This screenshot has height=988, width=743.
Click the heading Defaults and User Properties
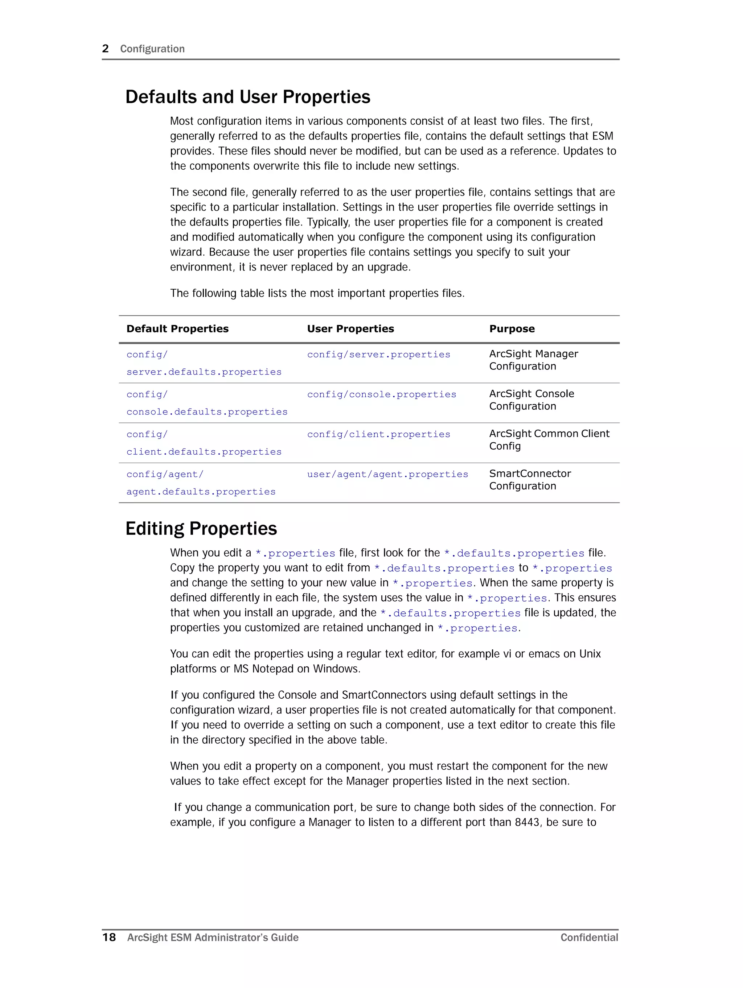[x=248, y=97]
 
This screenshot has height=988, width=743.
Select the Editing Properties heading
[x=201, y=528]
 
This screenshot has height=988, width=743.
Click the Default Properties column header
[x=177, y=329]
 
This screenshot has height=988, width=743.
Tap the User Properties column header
[x=350, y=329]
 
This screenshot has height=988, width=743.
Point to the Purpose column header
[x=512, y=329]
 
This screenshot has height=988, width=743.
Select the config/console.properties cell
[x=381, y=394]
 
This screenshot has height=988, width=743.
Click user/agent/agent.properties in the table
[x=387, y=474]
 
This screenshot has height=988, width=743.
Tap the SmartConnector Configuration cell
[x=530, y=480]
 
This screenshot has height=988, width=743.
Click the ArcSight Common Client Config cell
[x=549, y=439]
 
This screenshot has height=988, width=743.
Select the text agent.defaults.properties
[x=201, y=492]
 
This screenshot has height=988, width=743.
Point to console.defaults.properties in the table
[x=207, y=412]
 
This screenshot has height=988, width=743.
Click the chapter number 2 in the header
[x=106, y=49]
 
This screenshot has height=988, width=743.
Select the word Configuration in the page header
[x=152, y=49]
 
